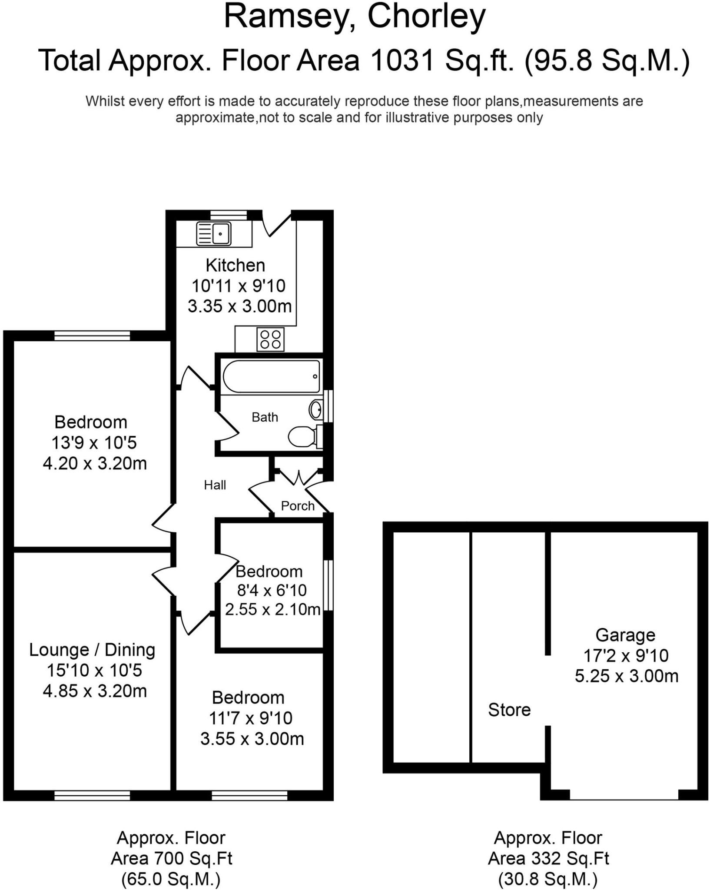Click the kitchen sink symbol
point(214,233)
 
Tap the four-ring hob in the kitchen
point(270,339)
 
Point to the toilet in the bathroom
point(303,436)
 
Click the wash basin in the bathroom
point(316,409)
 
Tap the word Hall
point(215,485)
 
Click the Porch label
point(298,506)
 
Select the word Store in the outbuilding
point(509,710)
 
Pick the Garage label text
point(625,635)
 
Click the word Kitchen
point(235,265)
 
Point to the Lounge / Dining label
point(92,650)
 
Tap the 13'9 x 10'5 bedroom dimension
point(94,443)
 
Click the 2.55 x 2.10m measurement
point(272,610)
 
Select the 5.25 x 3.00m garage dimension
point(627,676)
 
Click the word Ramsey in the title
point(287,17)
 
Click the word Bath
point(265,417)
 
